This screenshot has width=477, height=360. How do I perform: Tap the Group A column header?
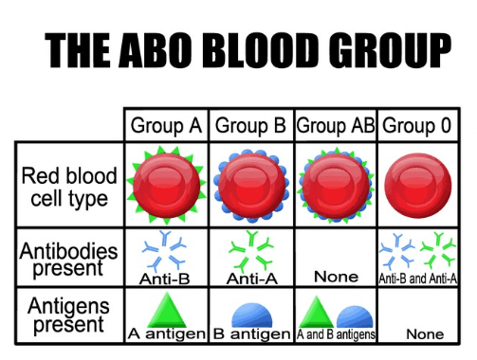[x=166, y=125]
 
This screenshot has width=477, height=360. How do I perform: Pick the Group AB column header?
[x=337, y=125]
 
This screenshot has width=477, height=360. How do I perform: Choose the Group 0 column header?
[x=418, y=125]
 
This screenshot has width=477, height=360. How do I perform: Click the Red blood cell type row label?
[x=69, y=187]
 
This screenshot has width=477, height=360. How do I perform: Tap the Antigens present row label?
[x=68, y=315]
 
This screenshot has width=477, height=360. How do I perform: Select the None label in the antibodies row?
[x=337, y=278]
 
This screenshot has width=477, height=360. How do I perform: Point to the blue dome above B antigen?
[x=251, y=315]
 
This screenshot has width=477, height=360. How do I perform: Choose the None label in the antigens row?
[x=424, y=334]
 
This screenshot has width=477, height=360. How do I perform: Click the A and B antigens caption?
[x=337, y=334]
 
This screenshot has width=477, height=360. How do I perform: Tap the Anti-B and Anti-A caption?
[x=418, y=279]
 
